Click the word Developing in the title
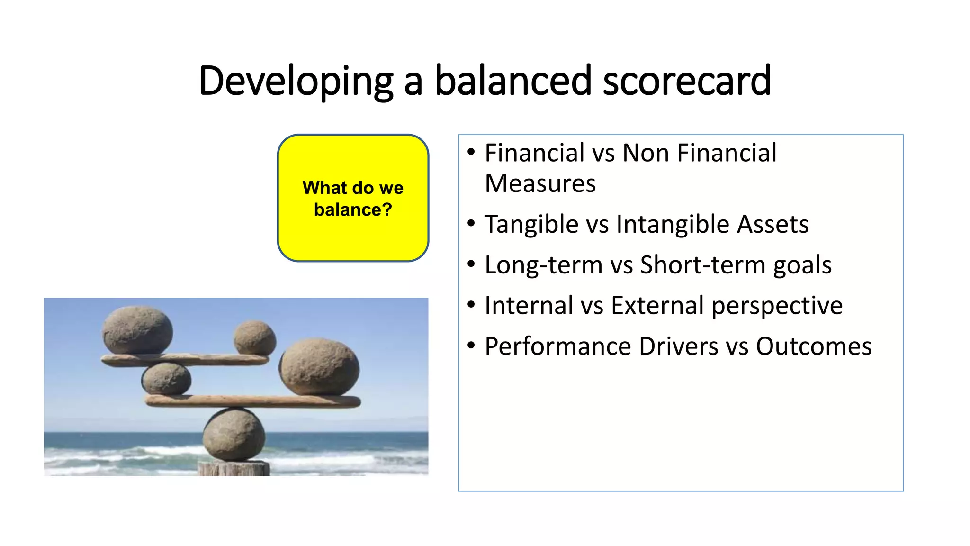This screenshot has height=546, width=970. (x=296, y=82)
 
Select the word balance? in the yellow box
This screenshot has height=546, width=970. (x=353, y=209)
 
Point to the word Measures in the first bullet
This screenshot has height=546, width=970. (x=540, y=184)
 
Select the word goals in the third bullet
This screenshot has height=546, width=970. (x=802, y=265)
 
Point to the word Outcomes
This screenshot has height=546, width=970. (x=813, y=346)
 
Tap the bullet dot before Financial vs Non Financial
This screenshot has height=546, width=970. (x=471, y=152)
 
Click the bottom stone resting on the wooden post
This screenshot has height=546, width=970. (x=234, y=435)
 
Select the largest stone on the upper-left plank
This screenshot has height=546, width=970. (x=137, y=330)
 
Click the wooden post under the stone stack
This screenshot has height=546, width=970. (x=234, y=469)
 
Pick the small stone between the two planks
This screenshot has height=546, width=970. (x=166, y=379)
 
